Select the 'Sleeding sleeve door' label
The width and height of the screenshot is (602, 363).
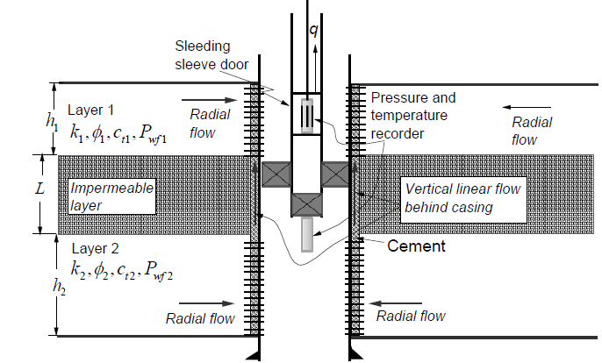point(215,56)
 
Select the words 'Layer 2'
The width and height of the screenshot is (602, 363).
point(91,248)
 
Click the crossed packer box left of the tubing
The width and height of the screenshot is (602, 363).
point(275,174)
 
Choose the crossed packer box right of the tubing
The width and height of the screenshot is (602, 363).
point(333,174)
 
